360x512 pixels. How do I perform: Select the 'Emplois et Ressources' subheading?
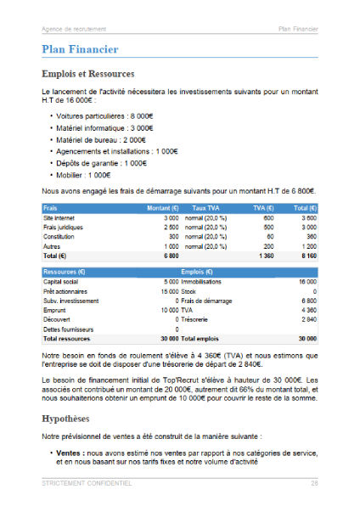coord(88,75)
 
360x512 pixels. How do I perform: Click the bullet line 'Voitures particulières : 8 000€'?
coord(104,115)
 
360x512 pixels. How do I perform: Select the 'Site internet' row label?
coord(59,218)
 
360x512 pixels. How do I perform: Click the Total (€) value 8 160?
coord(307,255)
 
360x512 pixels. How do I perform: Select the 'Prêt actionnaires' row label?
coord(66,291)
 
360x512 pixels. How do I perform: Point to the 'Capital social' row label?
coord(61,282)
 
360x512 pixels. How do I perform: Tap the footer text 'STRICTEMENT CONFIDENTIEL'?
coord(87,483)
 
